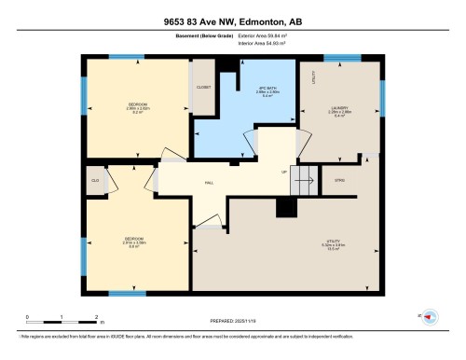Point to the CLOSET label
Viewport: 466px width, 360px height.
202,88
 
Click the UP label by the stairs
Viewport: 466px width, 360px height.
284,172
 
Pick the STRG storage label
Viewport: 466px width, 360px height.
339,180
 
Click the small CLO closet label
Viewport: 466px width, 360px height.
96,180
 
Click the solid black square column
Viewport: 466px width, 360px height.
282,209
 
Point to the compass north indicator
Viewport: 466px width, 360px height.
430,316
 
